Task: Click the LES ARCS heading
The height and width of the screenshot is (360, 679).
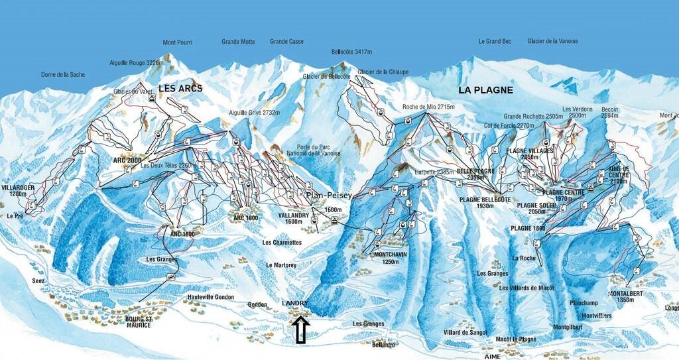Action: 180,88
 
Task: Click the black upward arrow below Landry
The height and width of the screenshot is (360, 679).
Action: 300,330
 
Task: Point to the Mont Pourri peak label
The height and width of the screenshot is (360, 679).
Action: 177,42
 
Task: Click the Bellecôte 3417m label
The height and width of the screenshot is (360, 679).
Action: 356,51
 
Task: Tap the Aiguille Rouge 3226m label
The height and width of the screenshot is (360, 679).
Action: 136,63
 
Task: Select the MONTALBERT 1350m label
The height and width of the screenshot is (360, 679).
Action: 626,296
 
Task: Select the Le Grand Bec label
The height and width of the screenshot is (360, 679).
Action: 495,41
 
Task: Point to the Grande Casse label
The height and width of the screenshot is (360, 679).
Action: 286,41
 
